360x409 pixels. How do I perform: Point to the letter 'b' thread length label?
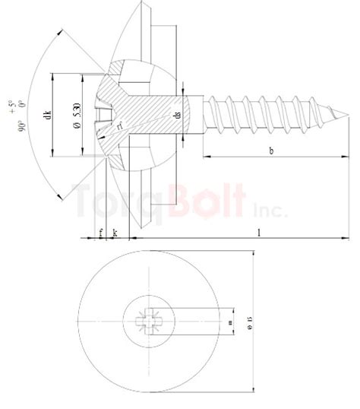pyautogui.click(x=271, y=151)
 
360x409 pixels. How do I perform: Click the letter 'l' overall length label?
pyautogui.click(x=259, y=232)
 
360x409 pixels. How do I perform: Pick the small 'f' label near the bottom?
pyautogui.click(x=100, y=232)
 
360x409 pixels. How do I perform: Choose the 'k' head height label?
pyautogui.click(x=114, y=232)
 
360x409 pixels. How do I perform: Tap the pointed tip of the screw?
pyautogui.click(x=347, y=116)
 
